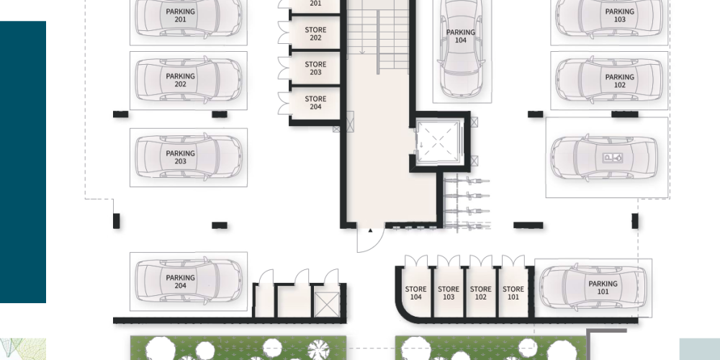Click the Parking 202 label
pyautogui.click(x=181, y=81)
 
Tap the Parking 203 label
pyautogui.click(x=181, y=158)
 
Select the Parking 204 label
pyautogui.click(x=181, y=282)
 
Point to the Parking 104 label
pyautogui.click(x=461, y=36)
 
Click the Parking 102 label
pyautogui.click(x=619, y=81)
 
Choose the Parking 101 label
pyautogui.click(x=603, y=288)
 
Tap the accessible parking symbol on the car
pyautogui.click(x=613, y=158)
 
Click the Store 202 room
pyautogui.click(x=315, y=34)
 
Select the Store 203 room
pyautogui.click(x=315, y=68)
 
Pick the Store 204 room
pyautogui.click(x=315, y=102)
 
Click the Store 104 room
pyautogui.click(x=415, y=293)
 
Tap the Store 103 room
pyautogui.click(x=448, y=293)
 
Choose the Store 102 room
pyautogui.click(x=481, y=293)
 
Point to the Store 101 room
pyautogui.click(x=513, y=293)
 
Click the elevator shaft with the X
pyautogui.click(x=438, y=141)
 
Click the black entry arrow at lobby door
pyautogui.click(x=370, y=230)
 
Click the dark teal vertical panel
pyautogui.click(x=23, y=162)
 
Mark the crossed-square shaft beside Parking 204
pyautogui.click(x=326, y=304)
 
